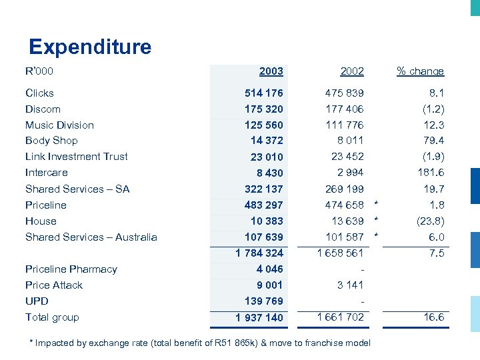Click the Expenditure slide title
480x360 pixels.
click(90, 47)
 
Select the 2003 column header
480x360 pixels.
click(271, 71)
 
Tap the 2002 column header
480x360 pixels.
click(352, 71)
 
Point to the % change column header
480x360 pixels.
click(420, 71)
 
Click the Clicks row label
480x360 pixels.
click(39, 93)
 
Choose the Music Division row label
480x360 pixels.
click(59, 125)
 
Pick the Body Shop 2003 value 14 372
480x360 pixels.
click(267, 141)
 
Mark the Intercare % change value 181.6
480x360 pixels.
click(431, 173)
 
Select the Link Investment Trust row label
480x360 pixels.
click(76, 157)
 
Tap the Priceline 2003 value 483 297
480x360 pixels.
click(264, 205)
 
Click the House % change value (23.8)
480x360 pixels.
click(430, 221)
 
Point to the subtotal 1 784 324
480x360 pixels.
click(259, 253)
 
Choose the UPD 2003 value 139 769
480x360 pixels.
click(264, 301)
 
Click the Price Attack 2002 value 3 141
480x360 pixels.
click(350, 285)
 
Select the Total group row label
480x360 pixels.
click(52, 317)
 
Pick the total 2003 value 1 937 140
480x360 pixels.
click(259, 318)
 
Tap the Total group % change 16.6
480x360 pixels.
click(433, 317)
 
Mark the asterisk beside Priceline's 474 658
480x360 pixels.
click(376, 204)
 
